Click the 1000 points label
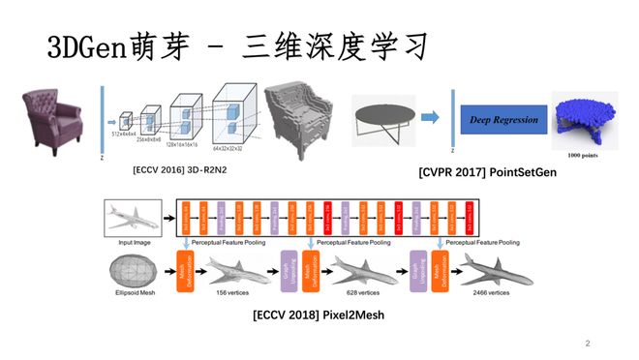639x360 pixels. click(x=584, y=154)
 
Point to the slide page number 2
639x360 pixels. click(x=587, y=343)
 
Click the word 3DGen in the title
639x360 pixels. click(x=79, y=46)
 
